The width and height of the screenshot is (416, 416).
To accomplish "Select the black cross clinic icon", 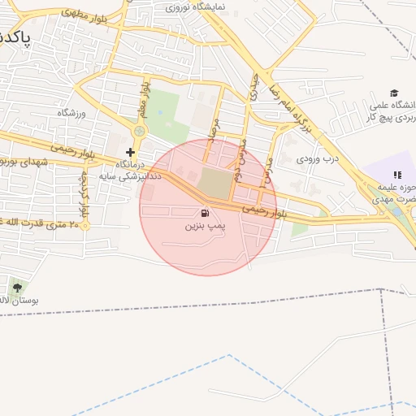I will tap(130, 152).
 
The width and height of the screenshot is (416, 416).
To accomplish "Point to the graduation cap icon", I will tap(395, 93).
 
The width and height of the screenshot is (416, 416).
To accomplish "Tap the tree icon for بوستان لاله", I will tap(17, 287).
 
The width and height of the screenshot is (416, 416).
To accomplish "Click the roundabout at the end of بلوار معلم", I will tap(139, 130).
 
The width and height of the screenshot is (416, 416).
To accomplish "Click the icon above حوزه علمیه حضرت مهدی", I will tap(397, 174).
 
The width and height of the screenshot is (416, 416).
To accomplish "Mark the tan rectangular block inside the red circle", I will tap(215, 183).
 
